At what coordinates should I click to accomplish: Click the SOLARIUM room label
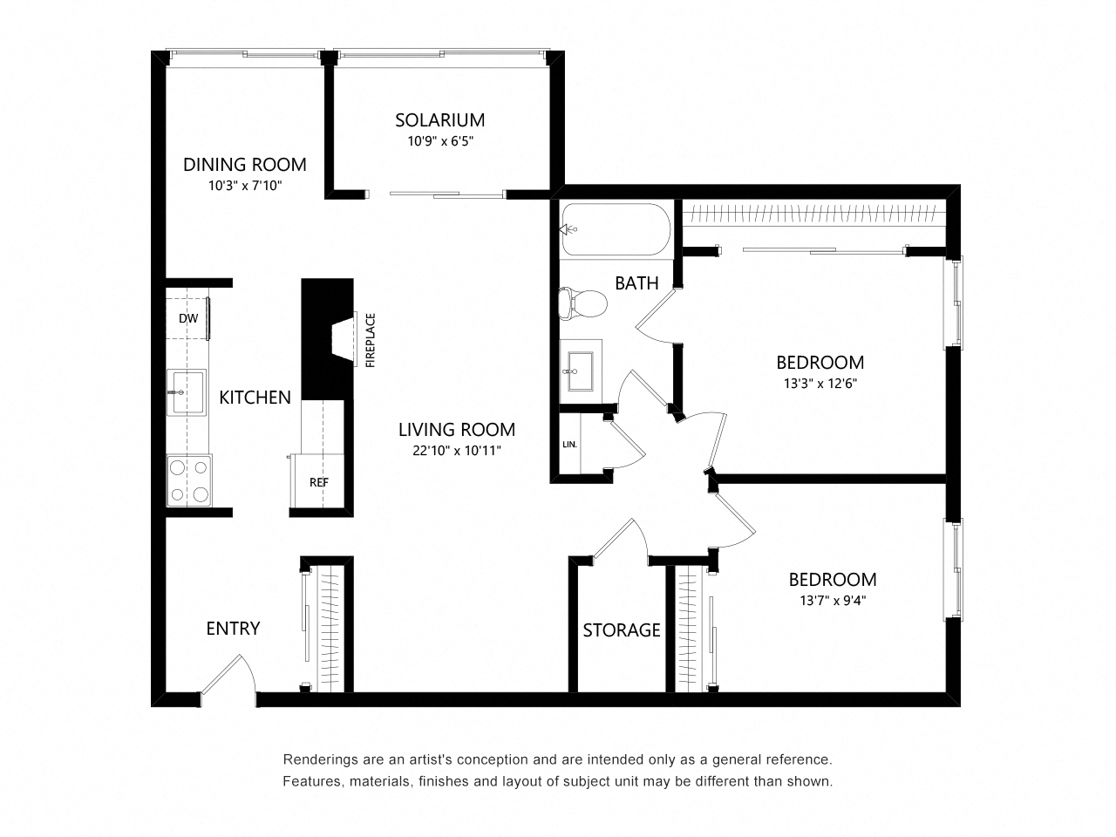click(439, 119)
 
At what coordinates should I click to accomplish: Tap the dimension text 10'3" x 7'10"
click(244, 185)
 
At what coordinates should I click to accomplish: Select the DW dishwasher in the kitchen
click(188, 318)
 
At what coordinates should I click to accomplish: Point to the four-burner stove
click(189, 480)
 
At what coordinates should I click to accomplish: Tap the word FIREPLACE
click(371, 341)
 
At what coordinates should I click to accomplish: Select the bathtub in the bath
click(615, 229)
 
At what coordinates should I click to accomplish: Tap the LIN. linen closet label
click(570, 445)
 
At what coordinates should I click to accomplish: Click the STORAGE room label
click(622, 629)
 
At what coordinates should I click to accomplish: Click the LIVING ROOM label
click(457, 430)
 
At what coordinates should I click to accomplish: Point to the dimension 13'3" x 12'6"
click(820, 382)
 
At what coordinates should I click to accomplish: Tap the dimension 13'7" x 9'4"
click(832, 600)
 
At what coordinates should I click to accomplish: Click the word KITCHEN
click(255, 398)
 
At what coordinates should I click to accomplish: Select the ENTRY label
click(233, 629)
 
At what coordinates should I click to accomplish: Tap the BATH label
click(636, 282)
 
